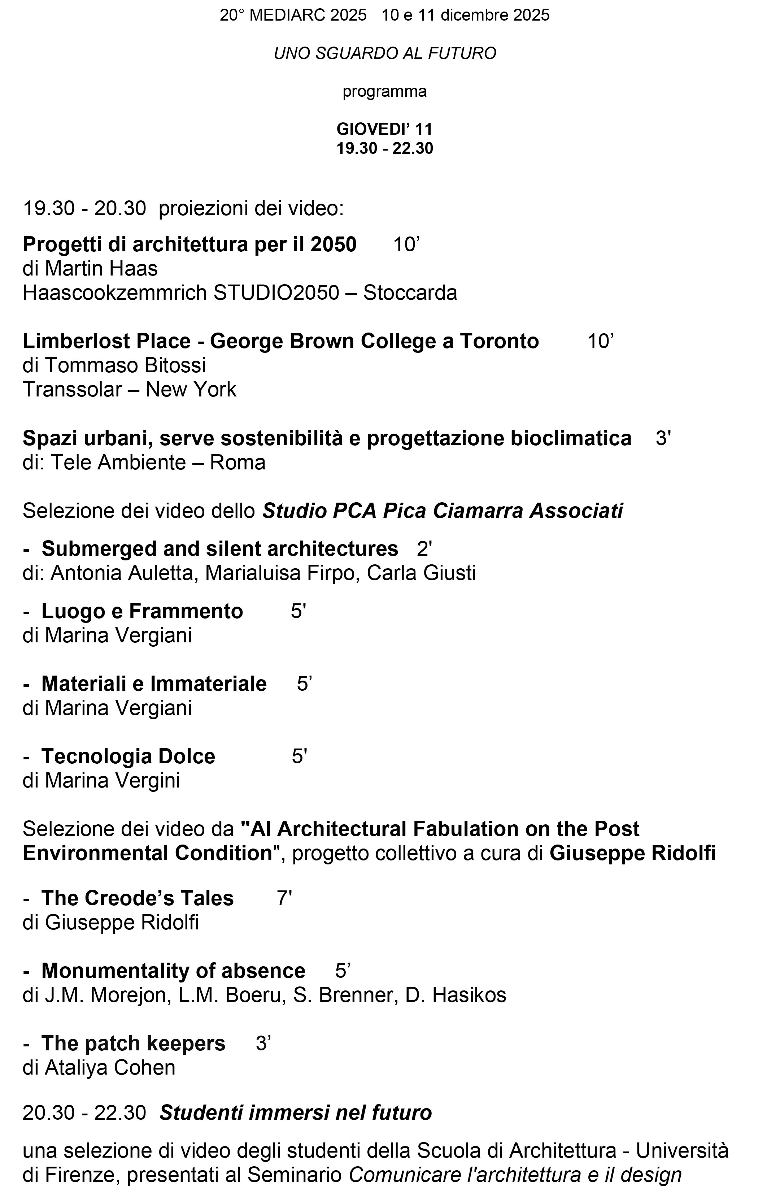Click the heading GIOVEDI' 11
(384, 129)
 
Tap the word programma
(384, 92)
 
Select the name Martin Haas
(101, 269)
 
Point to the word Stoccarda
(410, 293)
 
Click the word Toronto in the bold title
(499, 341)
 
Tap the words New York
(190, 390)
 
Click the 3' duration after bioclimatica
(663, 438)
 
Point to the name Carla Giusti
(421, 573)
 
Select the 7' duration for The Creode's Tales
(284, 898)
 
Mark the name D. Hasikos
(456, 995)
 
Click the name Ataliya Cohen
(110, 1068)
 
